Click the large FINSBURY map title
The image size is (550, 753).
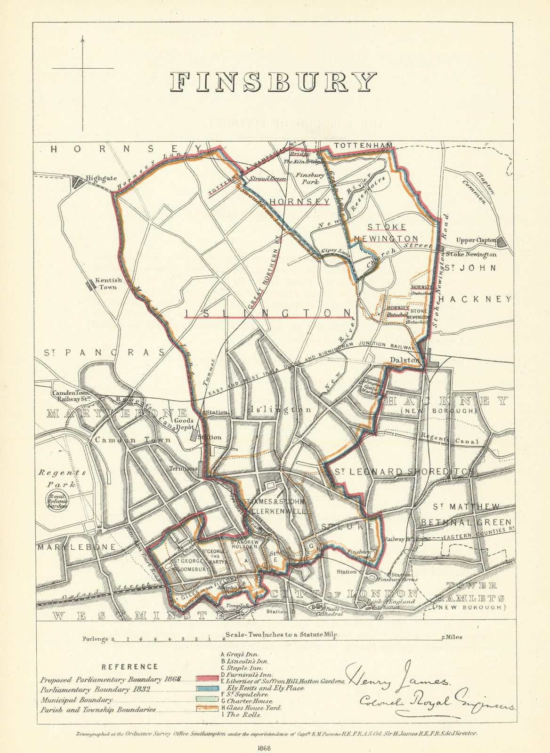[x=274, y=82]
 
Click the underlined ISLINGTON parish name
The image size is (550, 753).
[x=269, y=313]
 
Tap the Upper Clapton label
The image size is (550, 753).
[x=476, y=240]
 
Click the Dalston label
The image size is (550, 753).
[x=404, y=360]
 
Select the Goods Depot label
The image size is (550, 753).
[x=184, y=425]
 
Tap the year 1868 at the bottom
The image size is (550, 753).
[x=274, y=746]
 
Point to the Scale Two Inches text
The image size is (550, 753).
[x=282, y=634]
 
